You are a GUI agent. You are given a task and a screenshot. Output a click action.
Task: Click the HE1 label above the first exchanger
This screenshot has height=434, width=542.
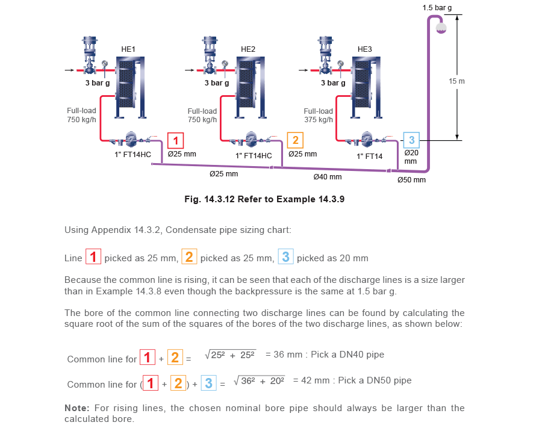point(129,49)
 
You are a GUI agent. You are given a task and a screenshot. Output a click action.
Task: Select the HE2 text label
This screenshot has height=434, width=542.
point(249,49)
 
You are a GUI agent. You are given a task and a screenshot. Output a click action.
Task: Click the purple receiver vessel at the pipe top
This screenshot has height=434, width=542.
point(441,26)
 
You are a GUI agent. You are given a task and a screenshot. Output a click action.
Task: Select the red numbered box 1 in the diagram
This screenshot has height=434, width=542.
point(175,141)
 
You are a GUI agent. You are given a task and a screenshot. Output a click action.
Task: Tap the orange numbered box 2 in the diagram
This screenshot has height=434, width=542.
point(295,141)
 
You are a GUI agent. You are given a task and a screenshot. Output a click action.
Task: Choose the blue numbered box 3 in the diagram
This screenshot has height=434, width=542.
point(411,140)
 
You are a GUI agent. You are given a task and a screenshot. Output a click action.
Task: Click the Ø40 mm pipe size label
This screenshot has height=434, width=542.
point(327,177)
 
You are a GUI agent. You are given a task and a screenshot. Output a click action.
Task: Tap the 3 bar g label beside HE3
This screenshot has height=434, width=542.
point(332,83)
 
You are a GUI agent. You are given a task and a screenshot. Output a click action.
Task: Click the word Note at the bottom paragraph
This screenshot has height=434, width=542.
point(75,408)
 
